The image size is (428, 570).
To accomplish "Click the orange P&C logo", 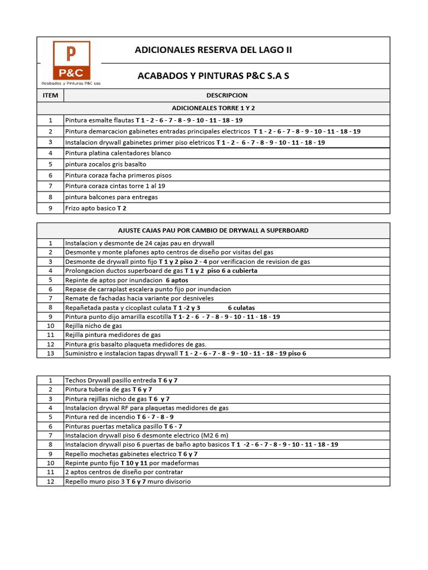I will point(71,60).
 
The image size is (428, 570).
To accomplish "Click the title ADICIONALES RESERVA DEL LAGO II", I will point(213,50).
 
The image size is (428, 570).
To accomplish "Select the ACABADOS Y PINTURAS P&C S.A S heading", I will point(213,76).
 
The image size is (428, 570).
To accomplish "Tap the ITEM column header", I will point(50,95).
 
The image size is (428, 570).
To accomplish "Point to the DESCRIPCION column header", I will point(227,95).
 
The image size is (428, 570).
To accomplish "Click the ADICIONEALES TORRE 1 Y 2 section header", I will point(213,108).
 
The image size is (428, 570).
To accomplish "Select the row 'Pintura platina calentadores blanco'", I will point(118,153).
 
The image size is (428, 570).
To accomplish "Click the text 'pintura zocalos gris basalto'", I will point(105,164).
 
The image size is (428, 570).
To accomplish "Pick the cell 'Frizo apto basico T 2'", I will point(96,208).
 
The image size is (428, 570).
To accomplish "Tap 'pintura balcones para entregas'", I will point(111,197).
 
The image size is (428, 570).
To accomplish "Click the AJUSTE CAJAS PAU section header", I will point(213,230).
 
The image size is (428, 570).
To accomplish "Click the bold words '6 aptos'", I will point(177,280).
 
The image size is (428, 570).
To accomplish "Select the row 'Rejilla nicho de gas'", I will point(94,326).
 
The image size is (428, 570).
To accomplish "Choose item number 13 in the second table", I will point(50,353).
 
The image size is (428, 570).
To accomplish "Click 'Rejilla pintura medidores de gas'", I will point(113,335).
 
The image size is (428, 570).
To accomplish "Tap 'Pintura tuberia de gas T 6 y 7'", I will point(109,389).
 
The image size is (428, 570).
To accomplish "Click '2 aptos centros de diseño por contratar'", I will point(124,472).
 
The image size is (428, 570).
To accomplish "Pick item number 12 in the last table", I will point(50,481).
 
